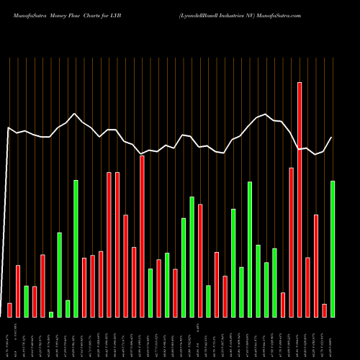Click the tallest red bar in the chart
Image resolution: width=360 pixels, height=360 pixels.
(300, 199)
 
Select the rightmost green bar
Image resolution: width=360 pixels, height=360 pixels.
(333, 248)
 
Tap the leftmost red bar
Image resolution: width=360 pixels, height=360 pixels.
(9, 310)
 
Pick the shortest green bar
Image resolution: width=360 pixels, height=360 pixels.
(51, 314)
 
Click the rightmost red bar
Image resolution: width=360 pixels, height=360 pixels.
(324, 310)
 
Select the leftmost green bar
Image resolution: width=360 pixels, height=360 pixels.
(27, 301)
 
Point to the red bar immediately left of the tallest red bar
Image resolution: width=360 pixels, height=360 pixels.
(292, 242)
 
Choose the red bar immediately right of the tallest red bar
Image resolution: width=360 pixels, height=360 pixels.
(307, 287)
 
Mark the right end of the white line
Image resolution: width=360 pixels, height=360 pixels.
(332, 138)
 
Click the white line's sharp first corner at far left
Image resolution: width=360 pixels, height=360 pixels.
(8, 128)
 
